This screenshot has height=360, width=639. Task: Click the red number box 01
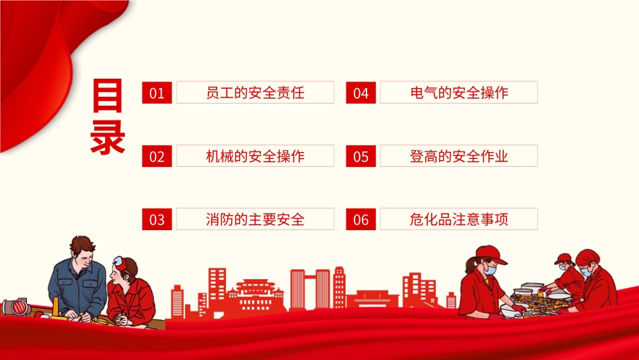[x=157, y=93]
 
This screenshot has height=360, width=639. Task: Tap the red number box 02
[x=157, y=156]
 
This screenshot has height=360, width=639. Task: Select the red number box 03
[x=157, y=219]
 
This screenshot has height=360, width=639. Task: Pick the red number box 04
[x=361, y=93]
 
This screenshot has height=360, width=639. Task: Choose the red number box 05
[x=361, y=156]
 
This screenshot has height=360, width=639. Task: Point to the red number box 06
[x=361, y=219]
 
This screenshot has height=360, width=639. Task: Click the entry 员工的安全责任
[x=255, y=93]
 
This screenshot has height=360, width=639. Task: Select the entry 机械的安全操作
[x=255, y=156]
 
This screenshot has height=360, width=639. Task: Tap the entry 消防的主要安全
[x=255, y=219]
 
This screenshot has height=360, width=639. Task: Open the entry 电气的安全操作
[x=459, y=93]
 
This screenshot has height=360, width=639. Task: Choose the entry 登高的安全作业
[x=459, y=156]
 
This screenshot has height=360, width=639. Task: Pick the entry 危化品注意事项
[x=459, y=219]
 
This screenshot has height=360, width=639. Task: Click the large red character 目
[x=108, y=97]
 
